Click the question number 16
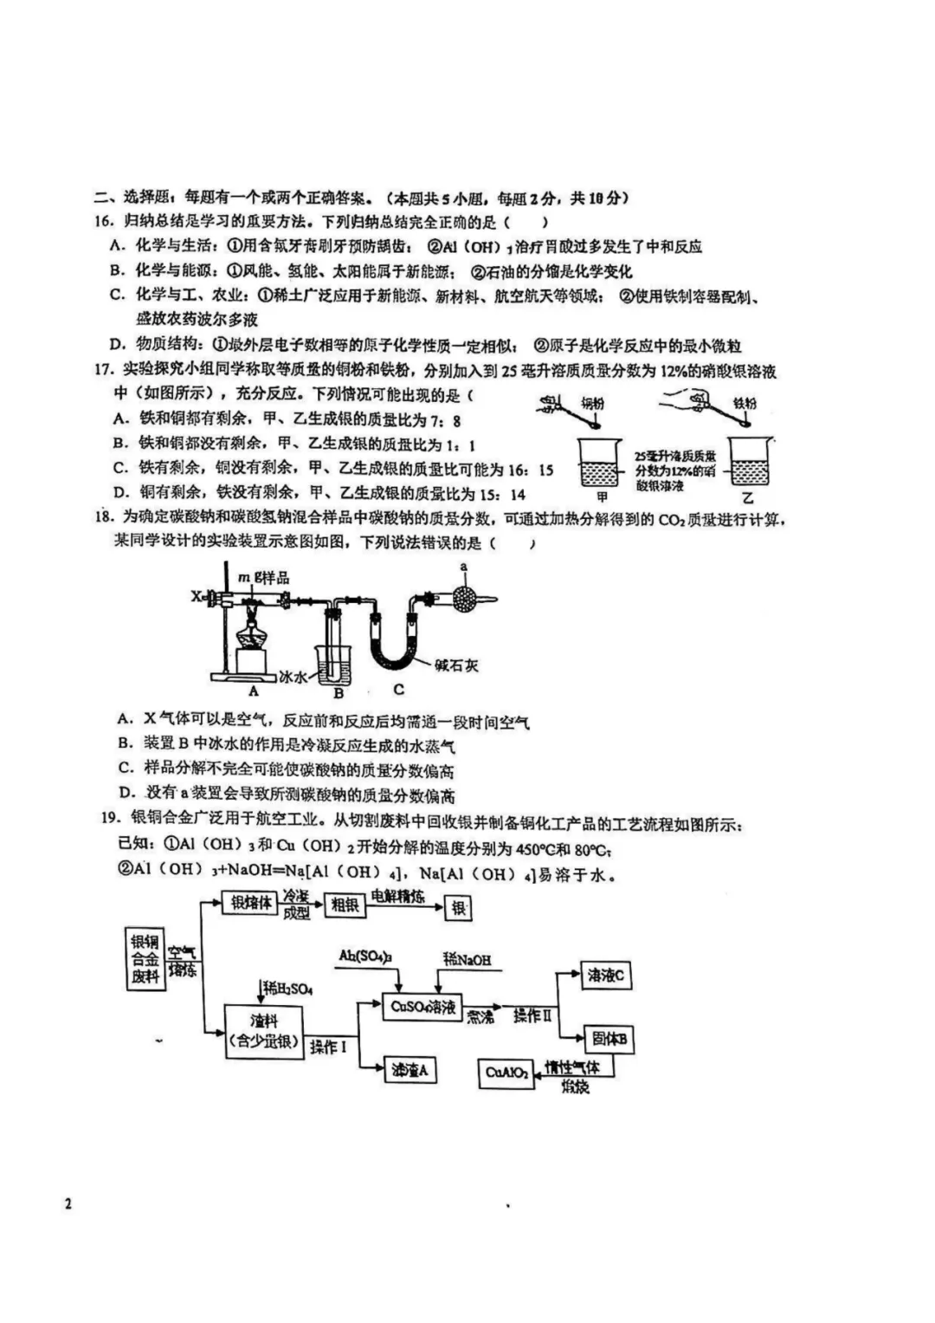[105, 223]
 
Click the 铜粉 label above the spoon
[592, 403]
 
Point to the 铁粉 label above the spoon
[745, 403]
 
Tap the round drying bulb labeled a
[464, 599]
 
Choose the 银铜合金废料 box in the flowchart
[145, 959]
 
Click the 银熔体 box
[250, 903]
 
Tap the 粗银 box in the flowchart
[345, 905]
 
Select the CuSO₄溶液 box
[422, 1007]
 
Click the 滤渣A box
[410, 1070]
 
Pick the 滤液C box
[606, 976]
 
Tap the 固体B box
[609, 1039]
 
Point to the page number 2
[68, 1203]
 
